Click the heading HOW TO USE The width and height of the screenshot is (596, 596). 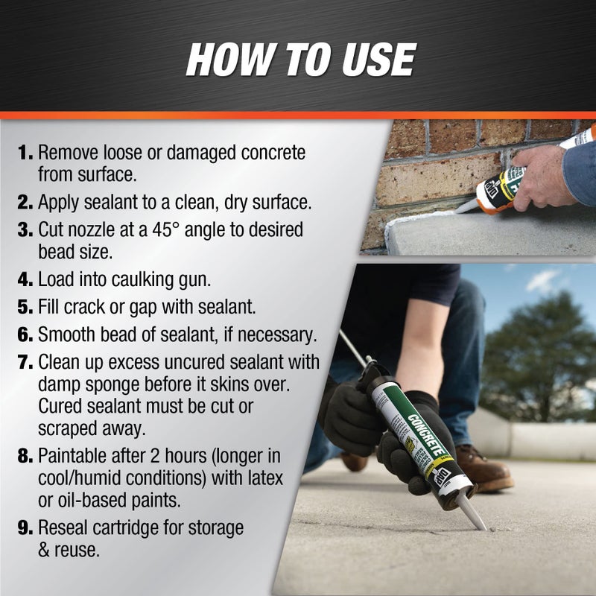click(x=300, y=60)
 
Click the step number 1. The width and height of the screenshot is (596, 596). click(x=25, y=153)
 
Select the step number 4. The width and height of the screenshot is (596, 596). click(x=25, y=281)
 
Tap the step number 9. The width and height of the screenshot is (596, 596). click(x=25, y=528)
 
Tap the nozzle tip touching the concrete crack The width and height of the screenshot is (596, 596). click(x=481, y=526)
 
